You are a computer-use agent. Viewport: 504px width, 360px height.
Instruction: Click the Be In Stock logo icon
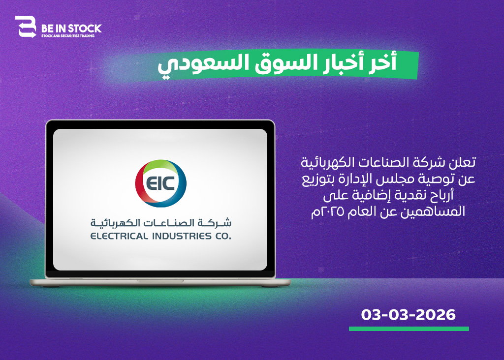[26, 27]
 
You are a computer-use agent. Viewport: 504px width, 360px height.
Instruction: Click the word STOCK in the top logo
[85, 29]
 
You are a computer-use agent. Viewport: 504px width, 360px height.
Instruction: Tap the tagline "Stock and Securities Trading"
[68, 36]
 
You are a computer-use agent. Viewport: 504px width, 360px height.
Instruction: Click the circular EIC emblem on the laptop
[161, 183]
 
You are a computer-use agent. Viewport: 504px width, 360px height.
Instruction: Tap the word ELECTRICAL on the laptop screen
[119, 237]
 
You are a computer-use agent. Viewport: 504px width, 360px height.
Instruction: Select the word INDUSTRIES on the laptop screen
[182, 237]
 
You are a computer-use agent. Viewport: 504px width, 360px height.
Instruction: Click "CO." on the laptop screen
[223, 237]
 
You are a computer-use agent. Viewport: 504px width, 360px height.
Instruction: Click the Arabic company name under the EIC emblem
[161, 222]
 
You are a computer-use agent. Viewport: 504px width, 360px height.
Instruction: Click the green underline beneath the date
[409, 329]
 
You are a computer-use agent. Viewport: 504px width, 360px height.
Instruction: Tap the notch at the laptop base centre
[160, 281]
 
